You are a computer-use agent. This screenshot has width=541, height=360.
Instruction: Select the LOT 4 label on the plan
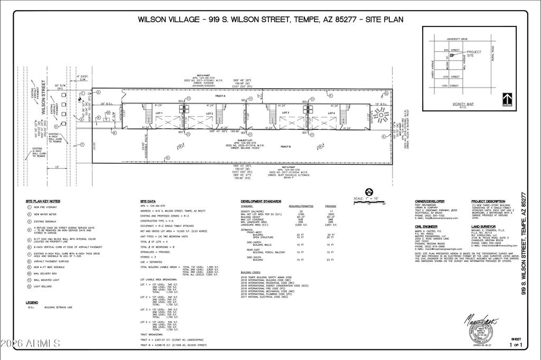click(x=332, y=113)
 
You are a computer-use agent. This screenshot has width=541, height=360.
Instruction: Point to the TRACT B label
click(x=286, y=146)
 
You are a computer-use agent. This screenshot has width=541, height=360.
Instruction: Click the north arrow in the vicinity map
click(x=508, y=99)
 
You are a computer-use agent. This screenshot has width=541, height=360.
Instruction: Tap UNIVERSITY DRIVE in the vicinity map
click(x=458, y=39)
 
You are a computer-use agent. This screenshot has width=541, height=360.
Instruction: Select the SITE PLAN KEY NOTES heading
click(x=43, y=201)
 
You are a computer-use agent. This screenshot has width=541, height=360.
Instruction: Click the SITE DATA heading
click(x=148, y=201)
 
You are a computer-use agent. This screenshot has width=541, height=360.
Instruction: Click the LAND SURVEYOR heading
click(x=484, y=224)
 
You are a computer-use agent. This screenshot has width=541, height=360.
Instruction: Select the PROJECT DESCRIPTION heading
click(x=488, y=201)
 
